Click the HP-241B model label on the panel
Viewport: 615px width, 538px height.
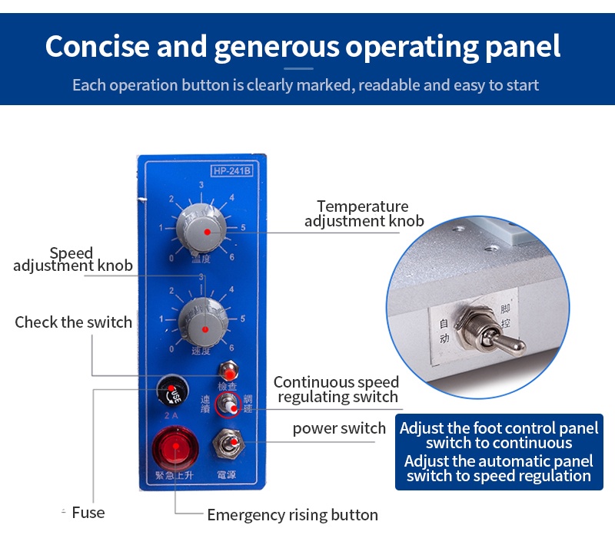point(231,171)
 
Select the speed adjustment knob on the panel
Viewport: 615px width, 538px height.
point(202,318)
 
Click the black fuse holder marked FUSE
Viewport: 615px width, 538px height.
point(170,392)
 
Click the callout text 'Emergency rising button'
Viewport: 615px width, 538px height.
point(292,515)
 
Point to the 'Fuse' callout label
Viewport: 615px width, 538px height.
point(88,513)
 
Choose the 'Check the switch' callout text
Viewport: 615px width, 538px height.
point(73,322)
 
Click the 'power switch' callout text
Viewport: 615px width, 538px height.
point(339,428)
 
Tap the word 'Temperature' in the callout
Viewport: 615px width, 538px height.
point(362,206)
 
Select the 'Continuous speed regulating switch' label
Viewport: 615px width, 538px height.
point(337,389)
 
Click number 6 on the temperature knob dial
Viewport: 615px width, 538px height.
point(232,256)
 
